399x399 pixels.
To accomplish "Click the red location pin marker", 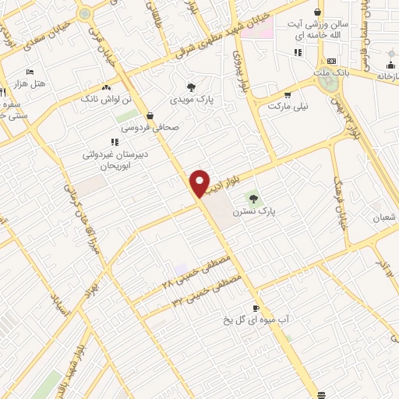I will click(199, 183).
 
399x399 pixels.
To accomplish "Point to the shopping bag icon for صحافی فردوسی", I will click(150, 115).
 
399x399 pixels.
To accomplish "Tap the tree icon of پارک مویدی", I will click(191, 87).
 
